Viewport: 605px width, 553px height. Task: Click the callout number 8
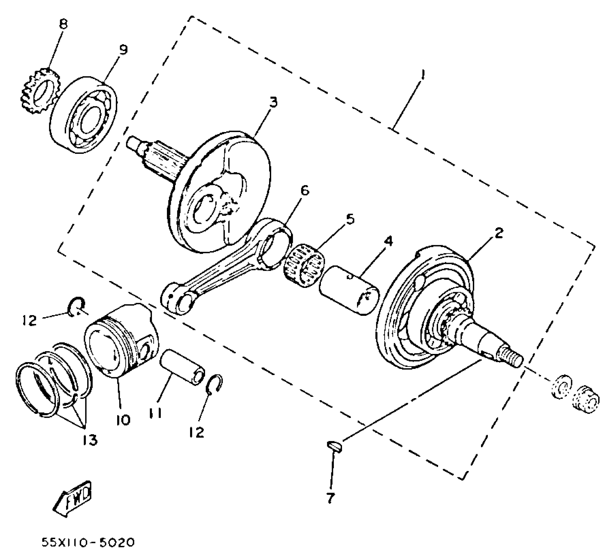(63, 24)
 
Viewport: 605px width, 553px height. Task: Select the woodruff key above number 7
(334, 446)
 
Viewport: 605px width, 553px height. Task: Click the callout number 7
(330, 498)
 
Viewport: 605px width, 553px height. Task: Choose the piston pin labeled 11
(183, 367)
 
